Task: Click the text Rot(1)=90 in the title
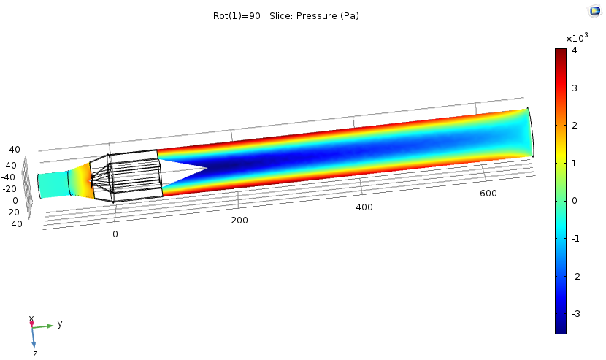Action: pyautogui.click(x=237, y=16)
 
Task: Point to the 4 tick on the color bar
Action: pyautogui.click(x=575, y=50)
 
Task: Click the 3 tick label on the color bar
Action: pyautogui.click(x=575, y=88)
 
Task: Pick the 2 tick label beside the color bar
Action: pyautogui.click(x=575, y=126)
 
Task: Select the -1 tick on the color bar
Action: pyautogui.click(x=575, y=239)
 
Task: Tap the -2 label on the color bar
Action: pyautogui.click(x=575, y=276)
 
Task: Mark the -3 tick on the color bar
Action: pyautogui.click(x=575, y=313)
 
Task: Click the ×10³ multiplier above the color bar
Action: pyautogui.click(x=577, y=37)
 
